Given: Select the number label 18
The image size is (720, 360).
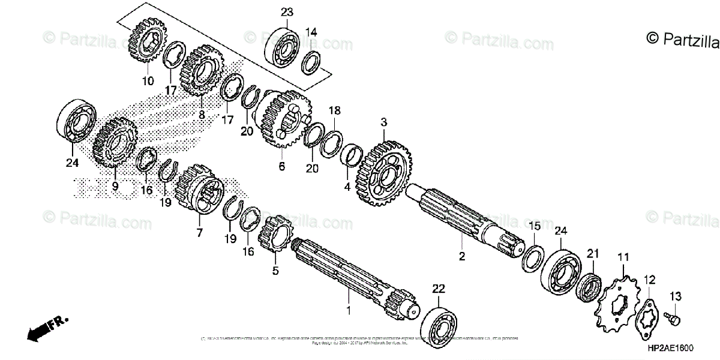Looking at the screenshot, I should [334, 110].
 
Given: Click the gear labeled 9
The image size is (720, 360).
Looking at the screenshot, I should [114, 143].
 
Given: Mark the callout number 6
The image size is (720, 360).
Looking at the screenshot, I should [281, 167].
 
